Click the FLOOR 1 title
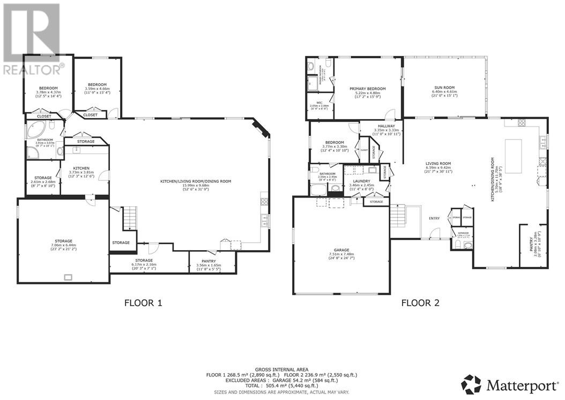point(143,303)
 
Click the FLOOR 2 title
point(420,303)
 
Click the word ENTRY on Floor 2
point(434,218)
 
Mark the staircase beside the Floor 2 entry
point(396,217)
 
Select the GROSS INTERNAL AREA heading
point(282,369)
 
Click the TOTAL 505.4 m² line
point(282,385)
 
